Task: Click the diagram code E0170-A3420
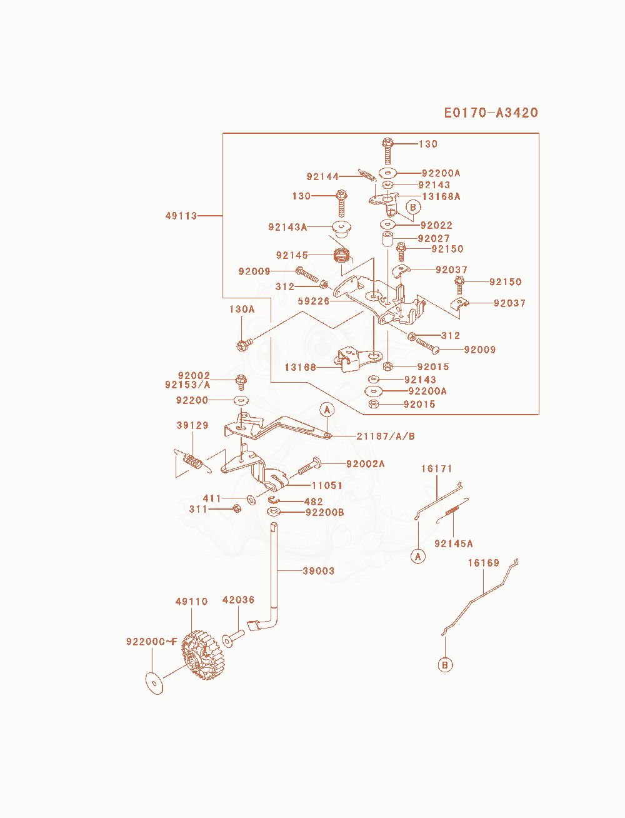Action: pyautogui.click(x=491, y=113)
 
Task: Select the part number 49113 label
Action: pyautogui.click(x=181, y=216)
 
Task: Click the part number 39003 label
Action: pyautogui.click(x=319, y=571)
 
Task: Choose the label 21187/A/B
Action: pyautogui.click(x=386, y=436)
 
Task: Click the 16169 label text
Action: pyautogui.click(x=484, y=563)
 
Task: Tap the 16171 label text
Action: pyautogui.click(x=436, y=469)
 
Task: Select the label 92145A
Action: pyautogui.click(x=454, y=543)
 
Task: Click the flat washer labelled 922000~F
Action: pyautogui.click(x=154, y=684)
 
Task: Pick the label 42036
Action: pyautogui.click(x=238, y=600)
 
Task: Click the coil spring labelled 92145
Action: pyautogui.click(x=341, y=256)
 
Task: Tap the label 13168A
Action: pyautogui.click(x=441, y=196)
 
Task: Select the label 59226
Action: pyautogui.click(x=314, y=301)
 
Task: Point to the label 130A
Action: pyautogui.click(x=242, y=310)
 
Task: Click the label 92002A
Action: pyautogui.click(x=366, y=464)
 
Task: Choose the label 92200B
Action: pyautogui.click(x=324, y=512)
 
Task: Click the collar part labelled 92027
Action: pyautogui.click(x=387, y=239)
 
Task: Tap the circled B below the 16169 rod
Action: pyautogui.click(x=445, y=665)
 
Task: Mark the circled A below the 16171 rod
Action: pyautogui.click(x=418, y=557)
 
